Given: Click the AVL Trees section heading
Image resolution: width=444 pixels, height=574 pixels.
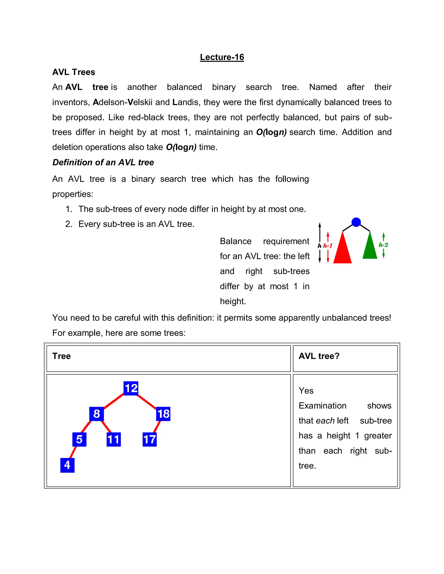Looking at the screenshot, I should tap(74, 72).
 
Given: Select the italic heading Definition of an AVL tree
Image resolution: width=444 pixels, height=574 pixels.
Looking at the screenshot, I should tap(103, 162).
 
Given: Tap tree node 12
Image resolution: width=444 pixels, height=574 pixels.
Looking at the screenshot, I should tap(131, 388).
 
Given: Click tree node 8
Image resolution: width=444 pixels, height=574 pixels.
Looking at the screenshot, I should tap(96, 414).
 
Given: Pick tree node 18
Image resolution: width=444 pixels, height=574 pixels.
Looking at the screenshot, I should tap(163, 414).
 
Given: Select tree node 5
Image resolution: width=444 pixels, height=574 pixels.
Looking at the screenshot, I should tap(79, 439).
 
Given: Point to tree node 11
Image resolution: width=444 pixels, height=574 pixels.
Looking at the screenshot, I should tap(114, 439).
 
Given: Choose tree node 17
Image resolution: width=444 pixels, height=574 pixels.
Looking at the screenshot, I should tap(149, 439).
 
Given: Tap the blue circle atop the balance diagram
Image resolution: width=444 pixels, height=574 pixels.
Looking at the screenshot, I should tap(356, 222).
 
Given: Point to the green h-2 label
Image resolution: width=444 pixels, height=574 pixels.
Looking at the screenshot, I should tap(383, 245).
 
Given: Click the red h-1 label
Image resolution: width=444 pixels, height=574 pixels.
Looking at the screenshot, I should tap(328, 246).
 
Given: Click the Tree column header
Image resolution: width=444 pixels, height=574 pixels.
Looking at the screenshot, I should tap(62, 356).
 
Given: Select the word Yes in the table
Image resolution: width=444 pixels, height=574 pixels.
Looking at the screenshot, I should tap(306, 391).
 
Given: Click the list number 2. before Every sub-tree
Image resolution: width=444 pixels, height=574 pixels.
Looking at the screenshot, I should tap(69, 224).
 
